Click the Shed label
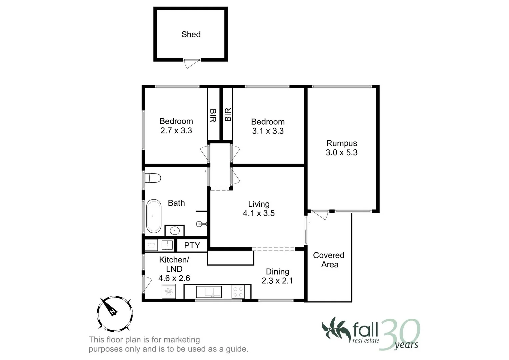coord(191,34)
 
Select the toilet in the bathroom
coord(153,178)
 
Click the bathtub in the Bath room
coord(153,216)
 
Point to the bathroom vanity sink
coord(174,230)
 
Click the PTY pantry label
coord(192,245)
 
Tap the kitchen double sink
coord(209,292)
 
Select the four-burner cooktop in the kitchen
coord(238,292)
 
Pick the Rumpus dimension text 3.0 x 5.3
coord(342,153)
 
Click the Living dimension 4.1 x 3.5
coord(259,213)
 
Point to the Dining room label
coord(277,272)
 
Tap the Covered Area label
coord(329,260)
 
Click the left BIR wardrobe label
coord(213,115)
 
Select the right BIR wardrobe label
coord(228,114)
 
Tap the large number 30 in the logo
coord(399,334)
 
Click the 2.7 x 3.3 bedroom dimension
coord(176,131)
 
